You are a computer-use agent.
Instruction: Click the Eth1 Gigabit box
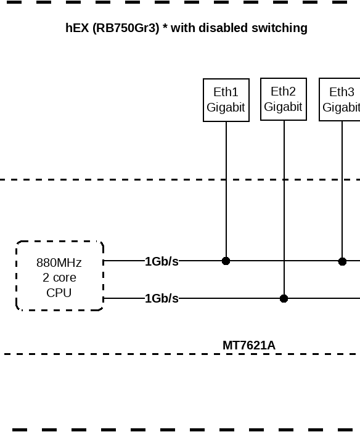(x=226, y=100)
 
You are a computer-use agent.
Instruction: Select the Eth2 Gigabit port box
(x=283, y=99)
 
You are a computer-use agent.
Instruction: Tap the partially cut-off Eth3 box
(x=340, y=100)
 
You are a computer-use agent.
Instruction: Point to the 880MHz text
(x=59, y=263)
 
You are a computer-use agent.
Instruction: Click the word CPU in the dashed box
(x=59, y=293)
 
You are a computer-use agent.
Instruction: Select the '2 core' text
(x=59, y=278)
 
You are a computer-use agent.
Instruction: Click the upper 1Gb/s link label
(x=162, y=261)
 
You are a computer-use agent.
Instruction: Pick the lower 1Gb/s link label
(x=162, y=299)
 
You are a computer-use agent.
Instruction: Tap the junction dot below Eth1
(x=226, y=261)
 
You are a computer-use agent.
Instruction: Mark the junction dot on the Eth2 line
(x=284, y=299)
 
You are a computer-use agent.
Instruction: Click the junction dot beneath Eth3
(x=342, y=261)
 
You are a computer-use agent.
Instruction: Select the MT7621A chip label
(x=248, y=345)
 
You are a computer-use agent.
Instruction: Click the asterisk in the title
(x=165, y=28)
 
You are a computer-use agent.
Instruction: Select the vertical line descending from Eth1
(x=226, y=185)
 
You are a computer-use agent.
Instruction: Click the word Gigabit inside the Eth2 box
(x=283, y=107)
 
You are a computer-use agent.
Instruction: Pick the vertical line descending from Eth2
(x=284, y=203)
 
